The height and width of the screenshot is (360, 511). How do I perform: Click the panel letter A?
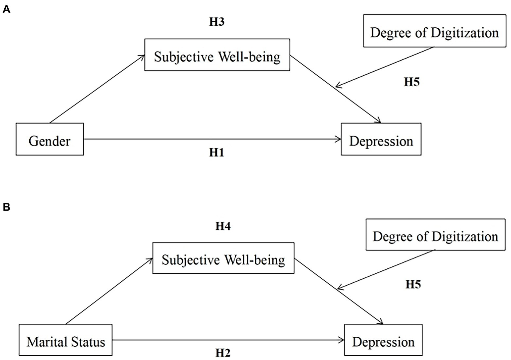point(6,10)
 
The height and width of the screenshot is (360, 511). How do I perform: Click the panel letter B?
point(6,207)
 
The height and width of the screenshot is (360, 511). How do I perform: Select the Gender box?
point(50,140)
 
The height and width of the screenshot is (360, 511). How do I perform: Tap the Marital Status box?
point(66,340)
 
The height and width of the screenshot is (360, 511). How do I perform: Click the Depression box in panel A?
point(381,140)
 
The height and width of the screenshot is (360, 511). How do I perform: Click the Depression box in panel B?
point(383,340)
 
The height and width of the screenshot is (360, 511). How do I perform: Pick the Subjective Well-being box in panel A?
point(217,55)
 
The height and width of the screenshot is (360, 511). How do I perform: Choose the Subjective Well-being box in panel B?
point(223,258)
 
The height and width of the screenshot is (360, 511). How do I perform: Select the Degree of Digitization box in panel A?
point(434,31)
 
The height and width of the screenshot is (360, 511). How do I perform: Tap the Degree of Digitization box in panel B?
point(435,235)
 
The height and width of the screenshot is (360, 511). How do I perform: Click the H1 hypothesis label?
point(216,153)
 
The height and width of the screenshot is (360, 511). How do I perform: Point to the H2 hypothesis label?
point(223,353)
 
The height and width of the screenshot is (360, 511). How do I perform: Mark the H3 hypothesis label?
point(216,22)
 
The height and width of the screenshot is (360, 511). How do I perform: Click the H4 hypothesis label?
point(223,226)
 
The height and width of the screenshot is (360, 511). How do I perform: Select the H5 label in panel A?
point(411,82)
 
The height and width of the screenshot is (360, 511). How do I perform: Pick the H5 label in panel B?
point(413,284)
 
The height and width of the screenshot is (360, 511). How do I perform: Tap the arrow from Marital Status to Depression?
point(228,340)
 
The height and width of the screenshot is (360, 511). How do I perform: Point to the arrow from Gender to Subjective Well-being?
point(97,89)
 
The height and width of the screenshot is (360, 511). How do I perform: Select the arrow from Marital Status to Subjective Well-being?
point(109,292)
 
